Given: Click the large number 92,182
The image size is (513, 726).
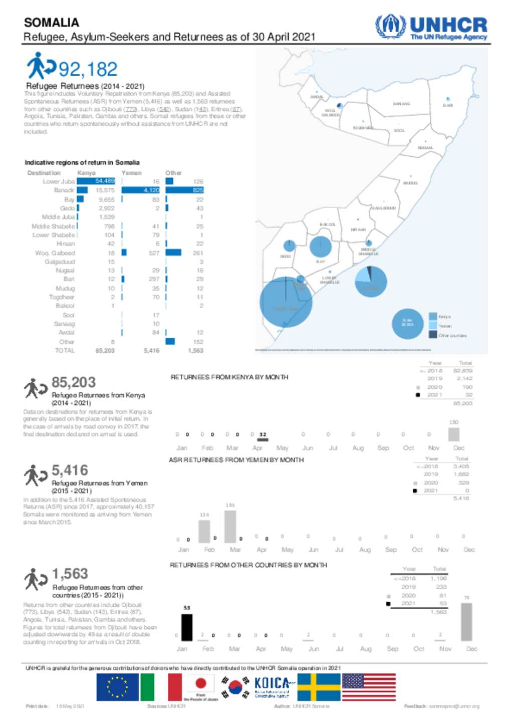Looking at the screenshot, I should point(88,69).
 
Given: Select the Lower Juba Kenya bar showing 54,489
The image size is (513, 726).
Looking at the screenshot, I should point(96,181).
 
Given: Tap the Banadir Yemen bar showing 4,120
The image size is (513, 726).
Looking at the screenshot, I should point(141,190).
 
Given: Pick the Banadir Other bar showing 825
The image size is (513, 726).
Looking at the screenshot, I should point(184,190).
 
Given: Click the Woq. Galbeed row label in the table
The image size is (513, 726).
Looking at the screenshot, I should point(55,253).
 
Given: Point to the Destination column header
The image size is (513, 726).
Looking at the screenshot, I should point(44,173).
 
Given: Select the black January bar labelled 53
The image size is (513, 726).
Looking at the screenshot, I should point(186,627).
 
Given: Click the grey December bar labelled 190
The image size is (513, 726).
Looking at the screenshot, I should point(453,434).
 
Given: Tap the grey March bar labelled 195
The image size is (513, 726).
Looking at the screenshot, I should point(230,526).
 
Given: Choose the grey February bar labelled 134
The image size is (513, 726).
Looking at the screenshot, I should point(204,532).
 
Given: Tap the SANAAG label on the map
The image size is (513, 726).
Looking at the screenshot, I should point(401,104).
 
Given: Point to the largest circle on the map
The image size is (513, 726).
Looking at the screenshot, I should point(286,302).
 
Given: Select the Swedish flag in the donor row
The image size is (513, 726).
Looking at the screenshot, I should point(319,687).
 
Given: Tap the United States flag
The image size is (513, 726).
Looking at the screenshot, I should point(368,687).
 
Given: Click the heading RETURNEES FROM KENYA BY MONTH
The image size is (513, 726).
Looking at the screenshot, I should point(229,377).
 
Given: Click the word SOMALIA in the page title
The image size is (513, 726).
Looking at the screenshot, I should point(52,23).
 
